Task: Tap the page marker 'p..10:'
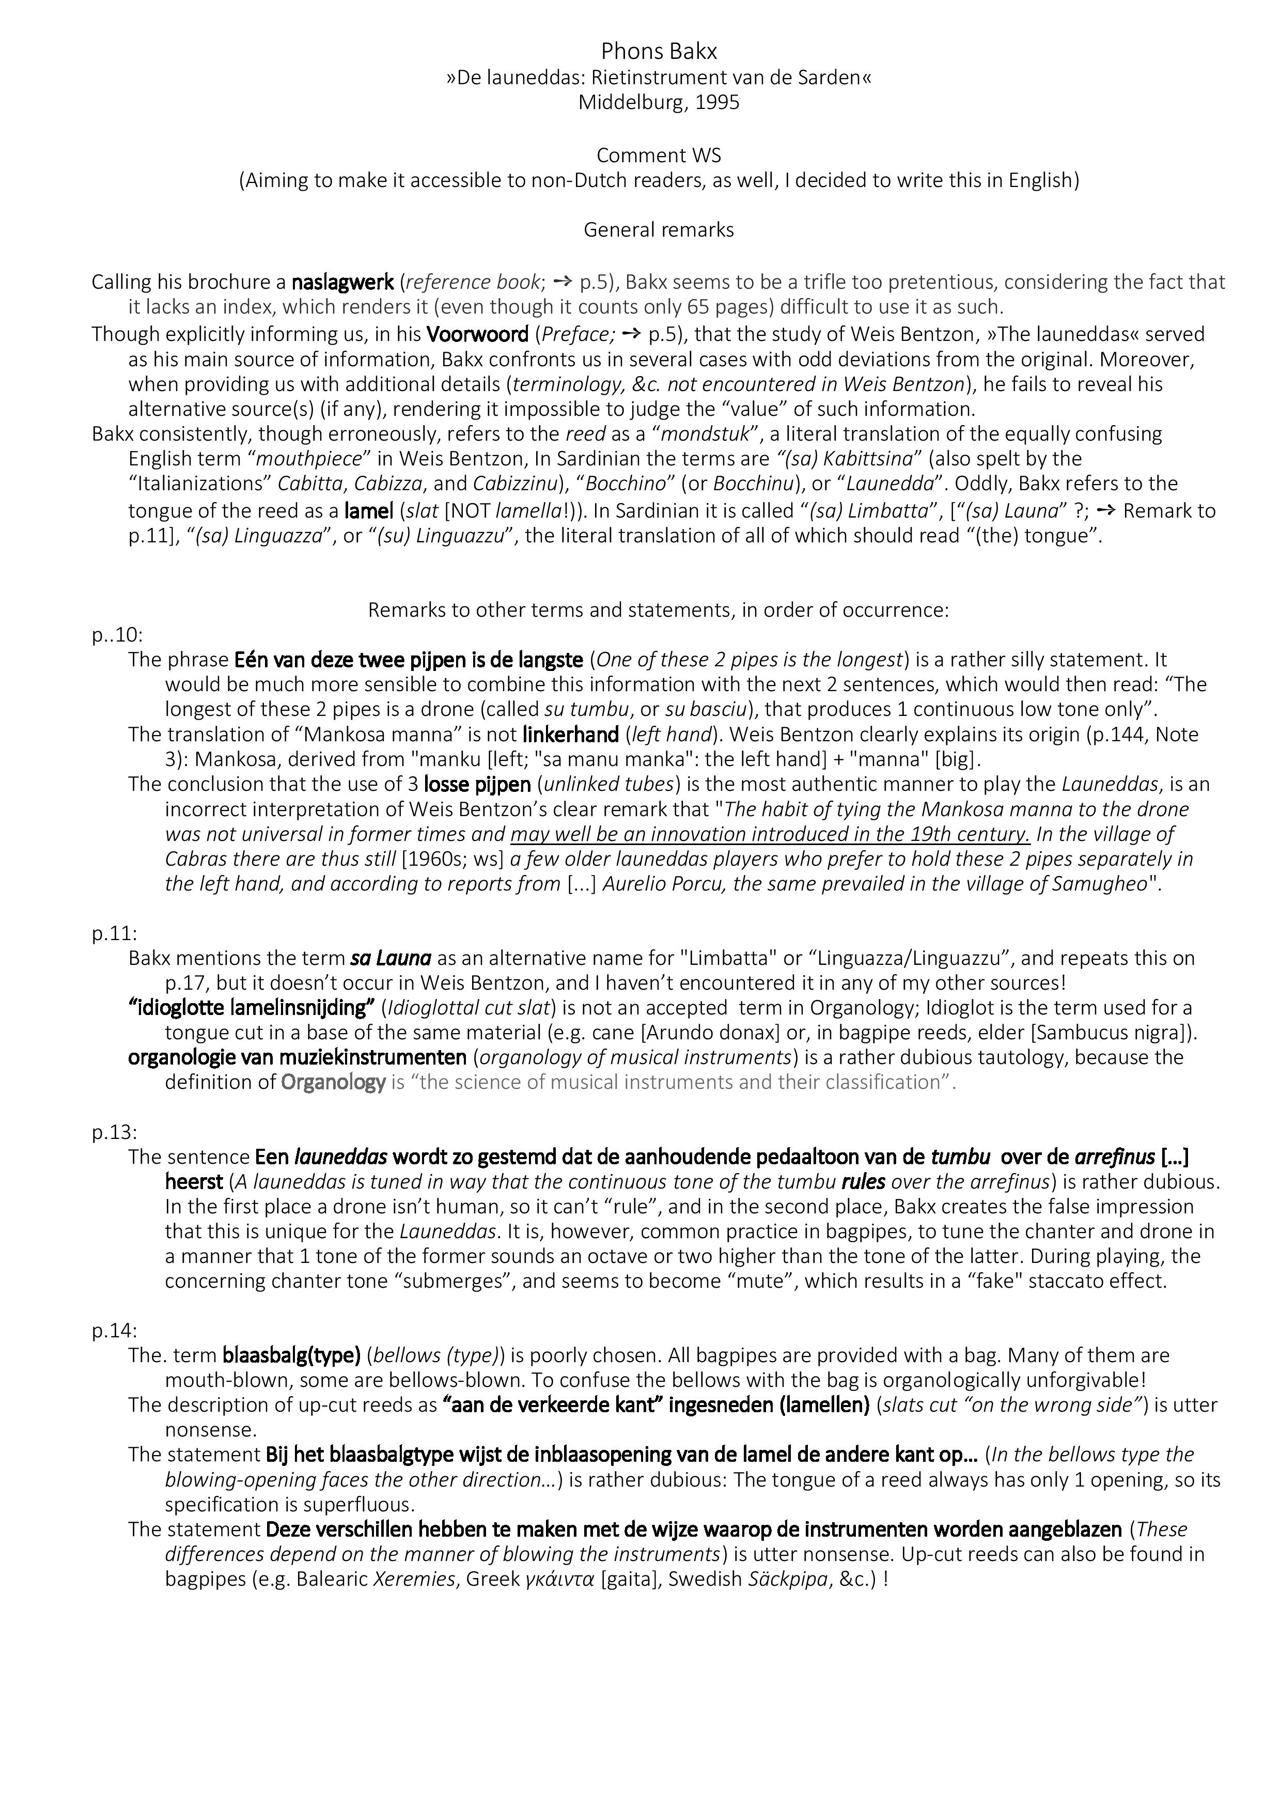[117, 635]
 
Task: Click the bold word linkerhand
[570, 735]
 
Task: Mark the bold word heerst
[194, 1181]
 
